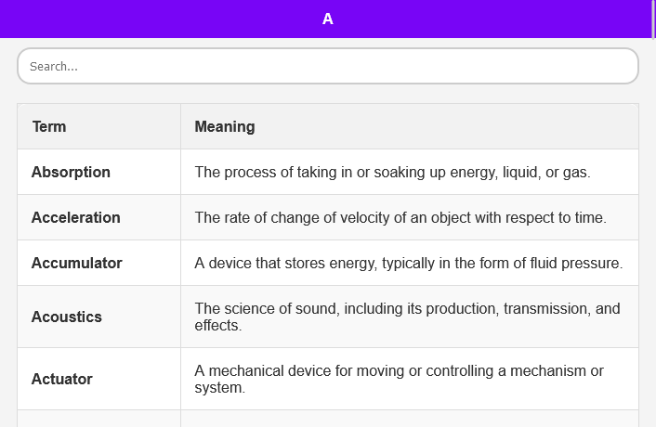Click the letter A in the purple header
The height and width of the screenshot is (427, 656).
point(328,19)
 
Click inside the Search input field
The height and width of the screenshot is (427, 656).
point(328,66)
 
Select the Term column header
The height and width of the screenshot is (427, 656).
point(49,126)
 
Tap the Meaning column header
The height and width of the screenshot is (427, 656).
point(225,126)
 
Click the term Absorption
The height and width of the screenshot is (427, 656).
point(71,172)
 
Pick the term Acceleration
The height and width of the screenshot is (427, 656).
point(75,218)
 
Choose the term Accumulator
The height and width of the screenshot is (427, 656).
point(77,264)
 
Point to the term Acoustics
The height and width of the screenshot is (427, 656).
point(67,317)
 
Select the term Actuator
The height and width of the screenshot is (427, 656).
point(62,379)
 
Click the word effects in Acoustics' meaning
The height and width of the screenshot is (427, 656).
point(218,326)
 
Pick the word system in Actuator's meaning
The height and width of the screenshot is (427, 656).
point(219,388)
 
